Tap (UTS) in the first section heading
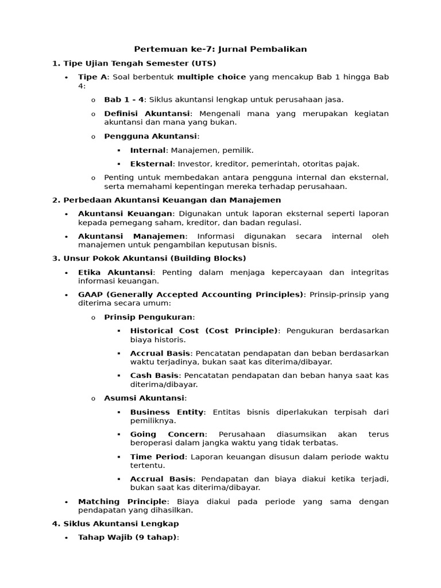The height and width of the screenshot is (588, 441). pyautogui.click(x=204, y=63)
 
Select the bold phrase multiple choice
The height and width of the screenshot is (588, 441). pyautogui.click(x=211, y=77)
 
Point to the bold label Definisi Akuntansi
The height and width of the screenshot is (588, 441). pyautogui.click(x=146, y=114)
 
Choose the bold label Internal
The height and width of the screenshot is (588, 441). pyautogui.click(x=148, y=150)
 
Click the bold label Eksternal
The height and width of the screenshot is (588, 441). pyautogui.click(x=150, y=164)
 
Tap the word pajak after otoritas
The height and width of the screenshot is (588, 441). pyautogui.click(x=347, y=164)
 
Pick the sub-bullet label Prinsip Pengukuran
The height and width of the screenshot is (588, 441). pyautogui.click(x=149, y=317)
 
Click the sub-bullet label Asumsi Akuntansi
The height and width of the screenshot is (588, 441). pyautogui.click(x=144, y=398)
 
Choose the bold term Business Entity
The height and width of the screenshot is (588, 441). pyautogui.click(x=167, y=412)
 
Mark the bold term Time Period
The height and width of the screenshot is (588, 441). pyautogui.click(x=157, y=457)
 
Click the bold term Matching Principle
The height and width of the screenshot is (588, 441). pyautogui.click(x=122, y=501)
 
